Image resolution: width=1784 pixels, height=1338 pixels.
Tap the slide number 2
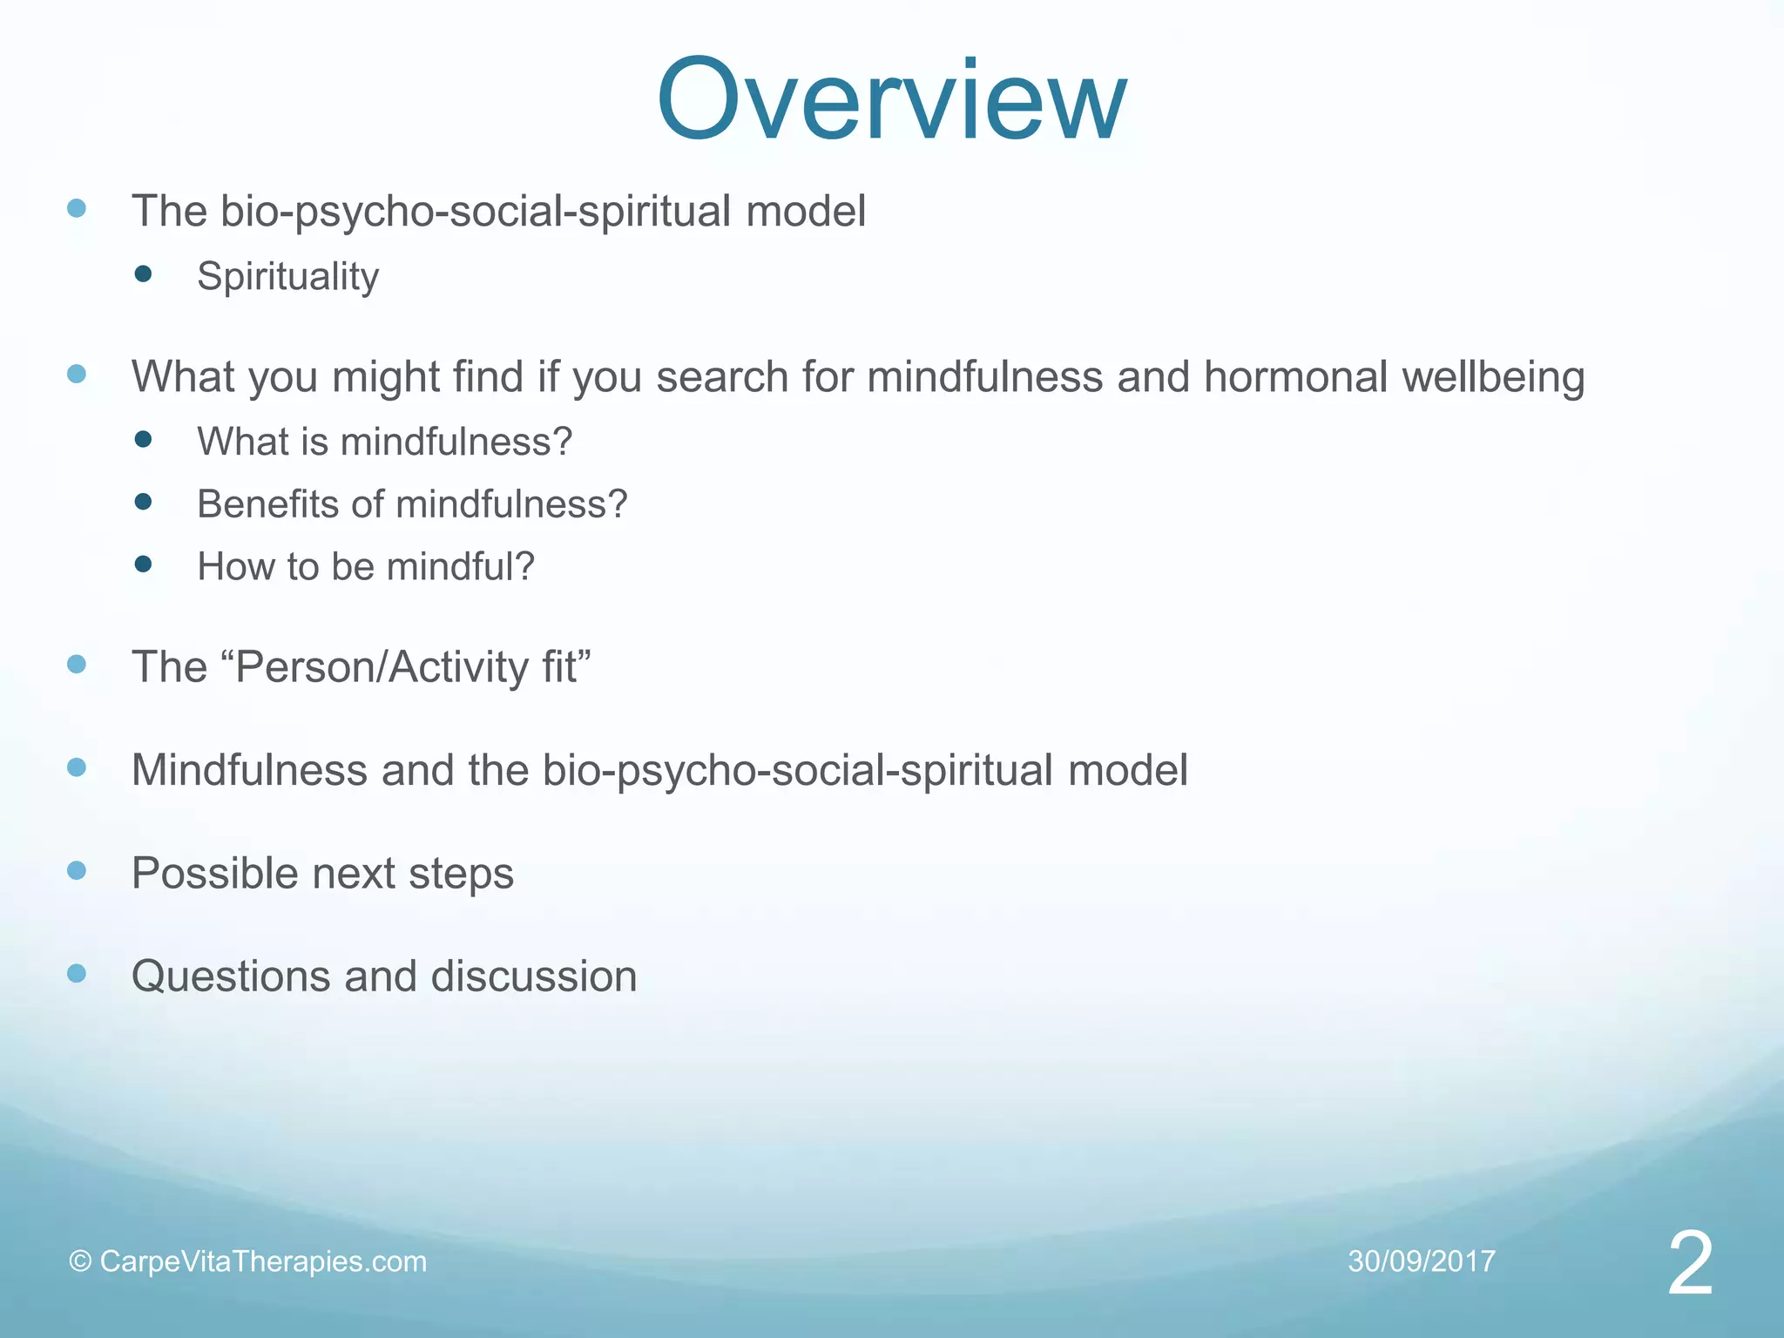[1690, 1264]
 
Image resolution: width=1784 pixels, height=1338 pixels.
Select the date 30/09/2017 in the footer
[1422, 1261]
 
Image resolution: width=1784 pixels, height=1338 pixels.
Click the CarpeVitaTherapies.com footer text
[263, 1261]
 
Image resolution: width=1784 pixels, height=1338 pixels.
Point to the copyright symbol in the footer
[80, 1261]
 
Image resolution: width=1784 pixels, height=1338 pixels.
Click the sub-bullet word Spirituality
[288, 277]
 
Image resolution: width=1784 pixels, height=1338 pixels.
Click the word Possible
[214, 873]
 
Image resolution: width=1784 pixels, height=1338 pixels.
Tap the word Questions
[230, 976]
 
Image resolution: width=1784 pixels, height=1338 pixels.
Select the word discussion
[534, 976]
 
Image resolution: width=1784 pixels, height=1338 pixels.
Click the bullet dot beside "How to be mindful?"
[144, 564]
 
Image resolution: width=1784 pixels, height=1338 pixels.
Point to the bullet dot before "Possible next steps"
[77, 870]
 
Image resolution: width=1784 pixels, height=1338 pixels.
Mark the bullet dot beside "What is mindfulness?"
[144, 439]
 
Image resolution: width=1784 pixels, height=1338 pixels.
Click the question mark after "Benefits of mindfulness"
[617, 504]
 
